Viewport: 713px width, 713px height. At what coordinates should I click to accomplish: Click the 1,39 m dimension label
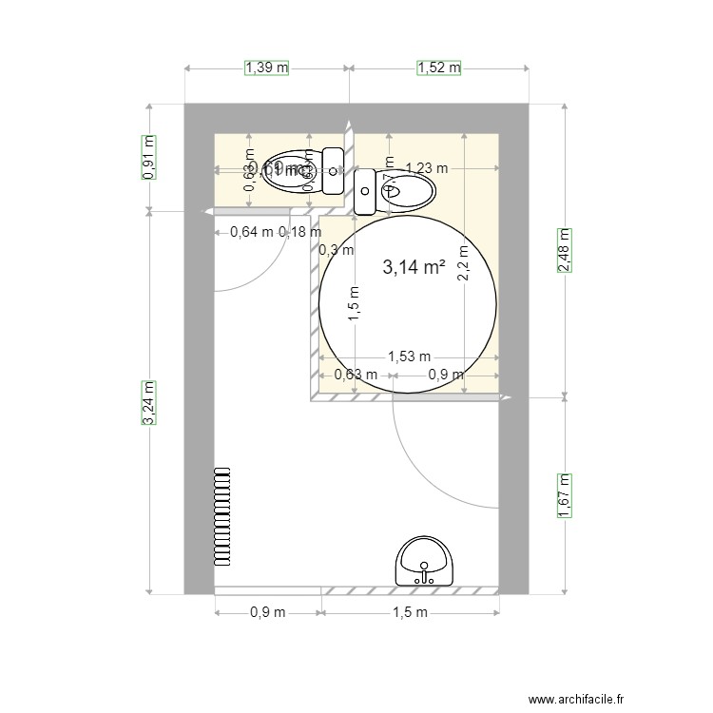(x=267, y=67)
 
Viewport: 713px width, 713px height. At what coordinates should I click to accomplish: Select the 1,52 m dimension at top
(x=438, y=67)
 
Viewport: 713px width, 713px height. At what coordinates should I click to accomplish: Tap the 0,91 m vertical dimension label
(x=148, y=157)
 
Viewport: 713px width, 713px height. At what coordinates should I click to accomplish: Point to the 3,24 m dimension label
(x=148, y=402)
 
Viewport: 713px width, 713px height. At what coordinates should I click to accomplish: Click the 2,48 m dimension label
(x=564, y=251)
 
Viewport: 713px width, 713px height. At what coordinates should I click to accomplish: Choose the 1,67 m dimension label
(x=564, y=495)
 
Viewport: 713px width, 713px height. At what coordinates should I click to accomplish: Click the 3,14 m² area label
(x=414, y=268)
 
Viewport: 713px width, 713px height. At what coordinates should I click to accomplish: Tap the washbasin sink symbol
(x=425, y=561)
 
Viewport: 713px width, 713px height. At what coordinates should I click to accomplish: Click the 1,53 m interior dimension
(x=408, y=357)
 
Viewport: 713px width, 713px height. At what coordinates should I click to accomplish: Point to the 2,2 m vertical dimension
(x=463, y=263)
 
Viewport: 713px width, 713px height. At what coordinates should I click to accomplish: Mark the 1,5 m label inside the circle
(x=353, y=304)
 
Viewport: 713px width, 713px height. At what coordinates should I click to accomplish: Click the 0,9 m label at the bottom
(x=267, y=612)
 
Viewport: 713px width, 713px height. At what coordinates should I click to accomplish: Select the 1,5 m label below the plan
(x=410, y=612)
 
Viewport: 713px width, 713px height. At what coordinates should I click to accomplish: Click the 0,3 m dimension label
(x=336, y=251)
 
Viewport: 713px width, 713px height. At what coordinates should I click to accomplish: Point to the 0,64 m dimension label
(x=252, y=231)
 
